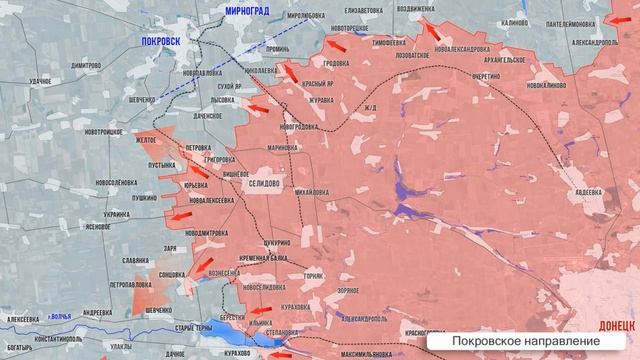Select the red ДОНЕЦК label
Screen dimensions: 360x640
click(616, 325)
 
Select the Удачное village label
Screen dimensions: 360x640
click(41, 79)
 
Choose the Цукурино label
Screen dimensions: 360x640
click(276, 243)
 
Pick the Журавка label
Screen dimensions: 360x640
click(321, 98)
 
